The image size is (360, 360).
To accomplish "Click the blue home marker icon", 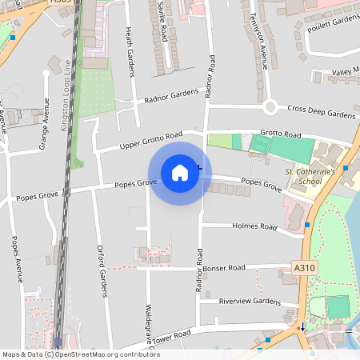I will (x=180, y=173).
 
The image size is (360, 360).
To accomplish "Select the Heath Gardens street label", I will (x=129, y=52).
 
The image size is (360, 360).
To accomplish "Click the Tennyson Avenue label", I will (x=258, y=39).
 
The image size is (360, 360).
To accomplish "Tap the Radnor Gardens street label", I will (x=170, y=96).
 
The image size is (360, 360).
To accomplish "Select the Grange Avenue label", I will (x=45, y=128).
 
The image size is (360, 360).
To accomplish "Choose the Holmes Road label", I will (x=254, y=226).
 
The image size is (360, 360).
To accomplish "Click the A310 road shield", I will (x=304, y=268).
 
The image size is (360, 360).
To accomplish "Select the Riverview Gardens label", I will (x=250, y=302).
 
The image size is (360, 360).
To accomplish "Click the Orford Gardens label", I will (x=102, y=270).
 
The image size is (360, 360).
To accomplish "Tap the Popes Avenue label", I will (x=15, y=260).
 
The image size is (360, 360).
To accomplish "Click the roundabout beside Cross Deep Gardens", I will (x=270, y=106).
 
